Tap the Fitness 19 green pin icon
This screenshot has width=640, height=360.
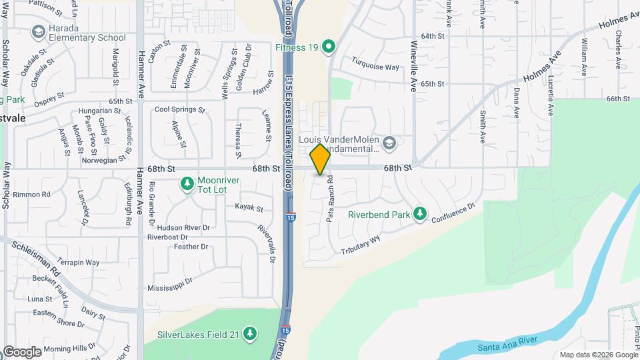(x=327, y=47)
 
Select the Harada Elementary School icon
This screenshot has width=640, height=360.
(x=38, y=32)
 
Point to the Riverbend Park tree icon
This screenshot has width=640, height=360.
(x=419, y=214)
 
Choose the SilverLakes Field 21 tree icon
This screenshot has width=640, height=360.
(x=250, y=333)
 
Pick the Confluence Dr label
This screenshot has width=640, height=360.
(x=453, y=214)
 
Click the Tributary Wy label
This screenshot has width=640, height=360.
(x=361, y=245)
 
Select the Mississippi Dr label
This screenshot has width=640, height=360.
(x=169, y=285)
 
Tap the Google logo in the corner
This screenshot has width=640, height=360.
(x=23, y=351)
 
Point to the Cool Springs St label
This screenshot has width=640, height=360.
(x=179, y=109)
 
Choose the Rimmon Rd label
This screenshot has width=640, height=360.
(x=36, y=195)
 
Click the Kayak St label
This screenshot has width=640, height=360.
(x=249, y=209)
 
